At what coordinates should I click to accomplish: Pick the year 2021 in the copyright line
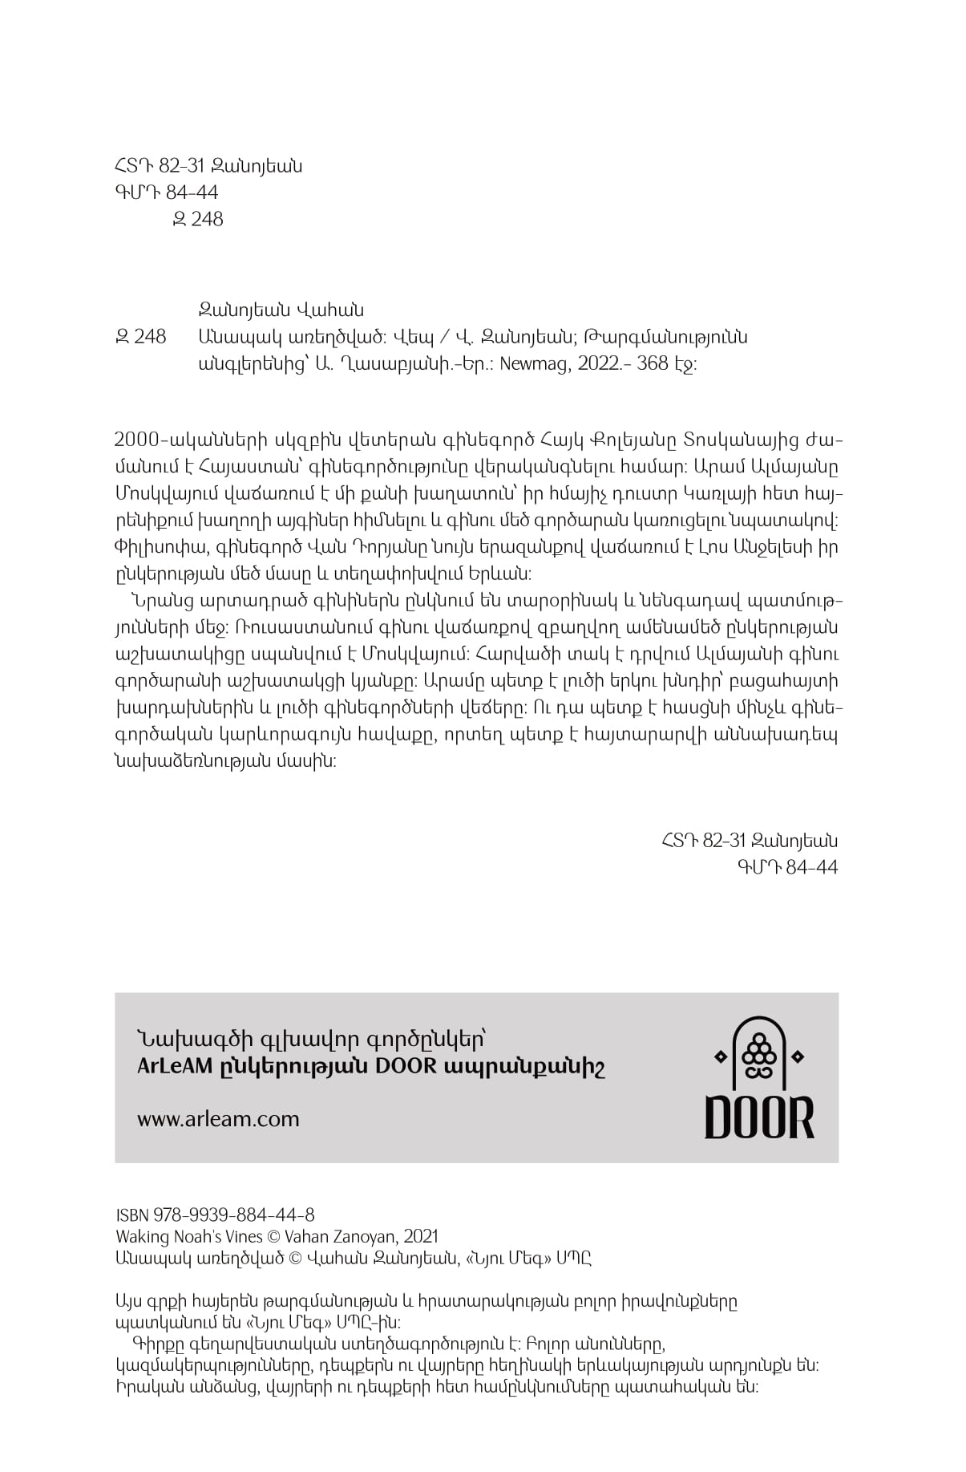[x=421, y=1237]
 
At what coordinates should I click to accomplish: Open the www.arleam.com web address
[x=218, y=1119]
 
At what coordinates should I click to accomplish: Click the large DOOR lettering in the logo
[x=758, y=1117]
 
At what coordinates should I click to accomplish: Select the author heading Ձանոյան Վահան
[x=281, y=310]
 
